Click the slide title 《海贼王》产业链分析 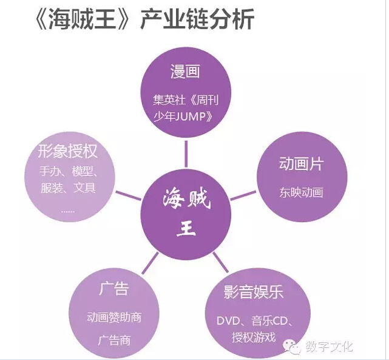tap(146, 19)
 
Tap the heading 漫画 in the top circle tap(185, 72)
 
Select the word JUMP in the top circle tap(191, 117)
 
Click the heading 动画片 tap(302, 164)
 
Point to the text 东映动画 tap(302, 192)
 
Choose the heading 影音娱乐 tap(254, 292)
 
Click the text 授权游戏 tap(254, 338)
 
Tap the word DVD tap(228, 321)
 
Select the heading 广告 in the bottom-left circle tap(114, 288)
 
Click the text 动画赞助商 tap(114, 318)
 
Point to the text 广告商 tap(114, 340)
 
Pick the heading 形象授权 tap(67, 151)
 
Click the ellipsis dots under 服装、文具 tap(68, 212)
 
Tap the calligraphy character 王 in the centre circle tap(186, 229)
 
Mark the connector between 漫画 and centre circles tap(186, 154)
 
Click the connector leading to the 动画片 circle tap(243, 195)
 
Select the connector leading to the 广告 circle tap(150, 263)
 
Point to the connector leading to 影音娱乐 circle tap(221, 262)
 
